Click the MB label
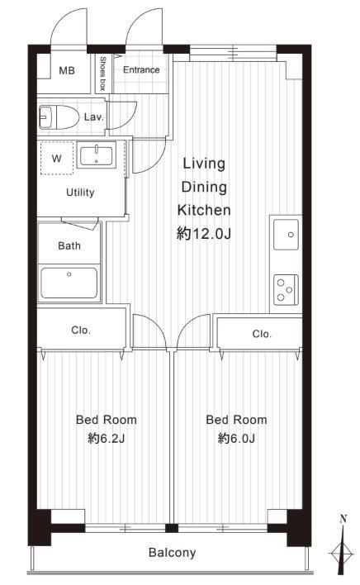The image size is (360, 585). tap(67, 70)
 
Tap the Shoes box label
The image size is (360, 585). tap(103, 74)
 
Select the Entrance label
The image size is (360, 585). tap(141, 69)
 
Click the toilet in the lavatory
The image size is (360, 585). tap(59, 117)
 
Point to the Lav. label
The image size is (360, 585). tap(93, 117)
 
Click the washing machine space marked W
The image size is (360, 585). tap(57, 158)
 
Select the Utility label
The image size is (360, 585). tap(80, 193)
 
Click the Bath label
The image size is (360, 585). tap(69, 245)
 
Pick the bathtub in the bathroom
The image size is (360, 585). tap(69, 283)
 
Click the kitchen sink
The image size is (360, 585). tap(287, 235)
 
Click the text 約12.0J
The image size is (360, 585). tap(204, 234)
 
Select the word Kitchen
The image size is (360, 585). tap(204, 210)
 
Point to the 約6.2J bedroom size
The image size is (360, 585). tap(107, 438)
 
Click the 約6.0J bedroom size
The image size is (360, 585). tap(237, 438)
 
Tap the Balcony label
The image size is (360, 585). tap(173, 553)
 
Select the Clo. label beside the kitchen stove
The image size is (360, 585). tap(262, 334)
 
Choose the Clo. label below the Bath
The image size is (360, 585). tap(81, 331)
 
